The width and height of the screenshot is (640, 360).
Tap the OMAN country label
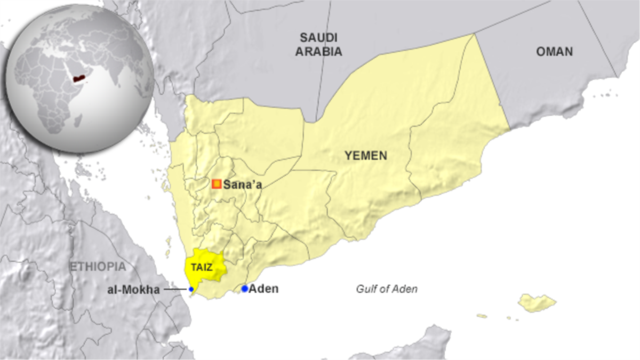click(x=554, y=51)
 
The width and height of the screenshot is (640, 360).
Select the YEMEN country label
click(x=365, y=156)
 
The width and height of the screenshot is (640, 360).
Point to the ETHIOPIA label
click(x=98, y=267)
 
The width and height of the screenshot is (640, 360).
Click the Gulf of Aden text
click(x=387, y=289)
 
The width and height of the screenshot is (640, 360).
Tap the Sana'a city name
click(x=242, y=185)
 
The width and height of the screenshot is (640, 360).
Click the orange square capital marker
click(x=217, y=184)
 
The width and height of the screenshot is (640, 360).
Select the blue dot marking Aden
click(x=244, y=289)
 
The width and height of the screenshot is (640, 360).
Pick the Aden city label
click(x=264, y=289)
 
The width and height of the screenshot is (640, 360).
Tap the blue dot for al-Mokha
click(x=191, y=289)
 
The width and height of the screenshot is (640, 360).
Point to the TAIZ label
click(x=202, y=268)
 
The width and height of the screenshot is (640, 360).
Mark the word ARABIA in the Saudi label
click(x=319, y=52)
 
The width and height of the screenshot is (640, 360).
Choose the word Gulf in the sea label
click(x=366, y=289)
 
